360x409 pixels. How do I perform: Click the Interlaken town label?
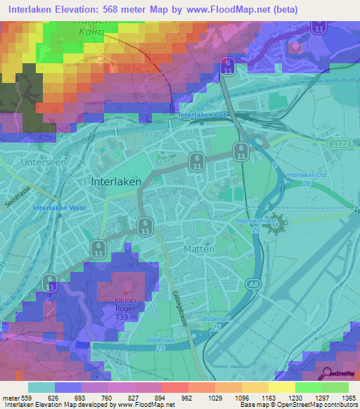(116, 181)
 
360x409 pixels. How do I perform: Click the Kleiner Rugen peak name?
(127, 303)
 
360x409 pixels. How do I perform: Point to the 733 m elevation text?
(127, 316)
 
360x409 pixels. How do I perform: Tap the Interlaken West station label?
(58, 209)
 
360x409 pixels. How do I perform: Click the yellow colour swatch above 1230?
(281, 387)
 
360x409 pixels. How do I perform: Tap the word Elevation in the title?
(75, 9)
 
